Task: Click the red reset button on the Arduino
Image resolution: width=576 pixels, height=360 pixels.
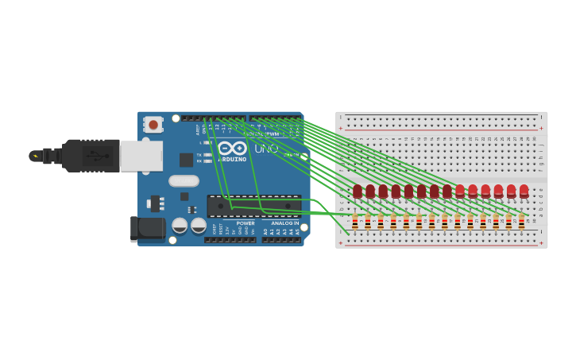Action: tap(153, 125)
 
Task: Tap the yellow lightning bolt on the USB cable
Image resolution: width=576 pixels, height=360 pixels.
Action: tap(35, 157)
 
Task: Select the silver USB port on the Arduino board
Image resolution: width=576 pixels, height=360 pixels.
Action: tap(141, 156)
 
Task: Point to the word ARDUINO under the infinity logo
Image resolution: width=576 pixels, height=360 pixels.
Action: tap(232, 160)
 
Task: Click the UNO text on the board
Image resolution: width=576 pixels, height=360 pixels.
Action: tap(266, 149)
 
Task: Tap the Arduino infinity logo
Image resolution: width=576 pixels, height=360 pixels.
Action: tap(232, 148)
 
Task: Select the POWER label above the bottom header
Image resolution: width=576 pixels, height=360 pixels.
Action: tap(245, 223)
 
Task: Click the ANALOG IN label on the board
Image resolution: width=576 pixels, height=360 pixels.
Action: tap(284, 223)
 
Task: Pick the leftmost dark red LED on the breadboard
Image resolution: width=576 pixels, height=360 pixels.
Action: tap(358, 191)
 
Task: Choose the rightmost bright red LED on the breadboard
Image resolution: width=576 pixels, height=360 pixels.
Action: tap(524, 191)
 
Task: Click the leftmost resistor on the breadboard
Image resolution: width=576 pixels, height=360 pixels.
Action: tap(354, 222)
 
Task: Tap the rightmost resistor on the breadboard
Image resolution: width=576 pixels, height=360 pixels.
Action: tap(521, 222)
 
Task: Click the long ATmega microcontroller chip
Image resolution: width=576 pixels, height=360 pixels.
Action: tap(254, 206)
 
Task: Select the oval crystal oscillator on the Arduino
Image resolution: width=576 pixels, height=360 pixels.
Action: tap(184, 180)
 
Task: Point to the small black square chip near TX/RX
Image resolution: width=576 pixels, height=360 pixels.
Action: tap(186, 160)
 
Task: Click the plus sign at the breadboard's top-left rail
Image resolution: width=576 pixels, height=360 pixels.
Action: tap(341, 128)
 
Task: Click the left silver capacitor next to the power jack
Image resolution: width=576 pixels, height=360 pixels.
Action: tap(180, 226)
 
